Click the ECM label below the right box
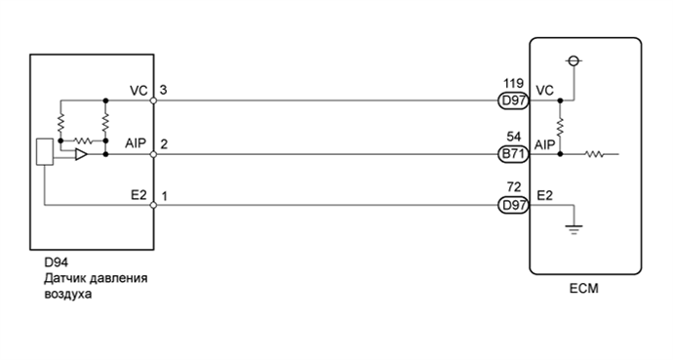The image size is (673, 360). coord(584,289)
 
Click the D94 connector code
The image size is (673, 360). coord(57,262)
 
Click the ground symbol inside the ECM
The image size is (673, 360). coord(574,229)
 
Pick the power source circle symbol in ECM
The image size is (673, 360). coord(574,61)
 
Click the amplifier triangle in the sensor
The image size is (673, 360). coord(81,154)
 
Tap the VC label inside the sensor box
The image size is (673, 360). coord(138,90)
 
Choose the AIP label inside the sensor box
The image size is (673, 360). coord(137,143)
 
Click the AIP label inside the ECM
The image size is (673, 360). coord(545,144)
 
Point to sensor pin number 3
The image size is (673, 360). coord(164,90)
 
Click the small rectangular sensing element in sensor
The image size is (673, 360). coord(44,152)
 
